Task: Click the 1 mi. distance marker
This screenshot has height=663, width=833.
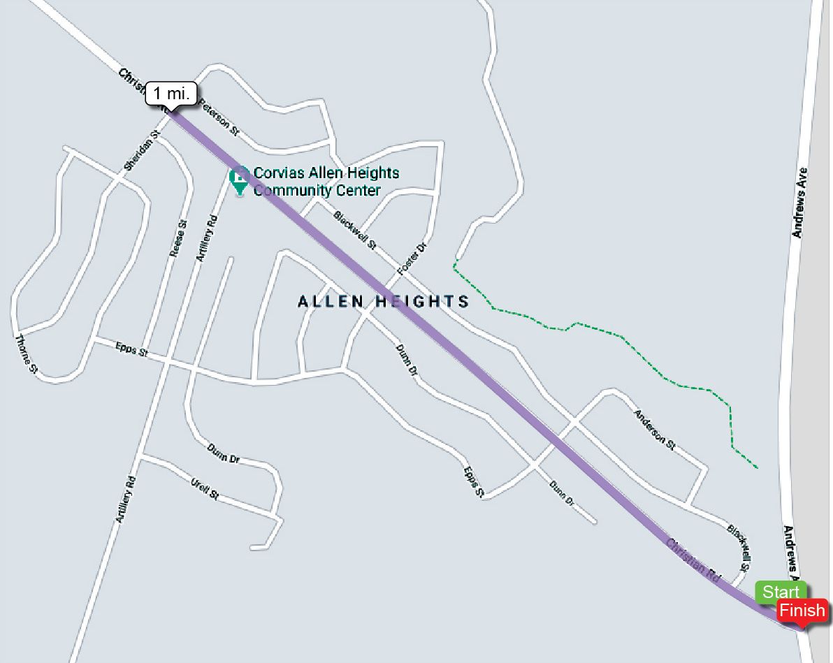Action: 171,93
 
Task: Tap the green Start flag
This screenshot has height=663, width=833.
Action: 780,592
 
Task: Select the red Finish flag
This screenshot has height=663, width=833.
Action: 802,611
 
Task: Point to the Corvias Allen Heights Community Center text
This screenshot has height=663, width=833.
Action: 326,182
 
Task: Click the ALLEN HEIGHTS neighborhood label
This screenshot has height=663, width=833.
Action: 383,302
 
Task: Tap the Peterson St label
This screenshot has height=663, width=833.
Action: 219,117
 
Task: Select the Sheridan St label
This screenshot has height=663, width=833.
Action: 142,150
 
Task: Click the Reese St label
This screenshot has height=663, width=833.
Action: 179,238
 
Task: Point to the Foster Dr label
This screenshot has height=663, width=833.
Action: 412,258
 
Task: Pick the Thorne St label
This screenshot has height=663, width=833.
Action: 26,354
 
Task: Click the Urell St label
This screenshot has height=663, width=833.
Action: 205,488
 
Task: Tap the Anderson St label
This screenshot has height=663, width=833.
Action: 654,429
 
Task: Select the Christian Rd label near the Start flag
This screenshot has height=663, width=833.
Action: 693,561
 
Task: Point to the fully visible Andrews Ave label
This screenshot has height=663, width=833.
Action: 800,203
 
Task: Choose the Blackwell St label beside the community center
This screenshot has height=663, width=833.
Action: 354,230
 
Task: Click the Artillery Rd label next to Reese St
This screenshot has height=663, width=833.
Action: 207,238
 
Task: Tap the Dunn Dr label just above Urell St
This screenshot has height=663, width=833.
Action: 224,453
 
